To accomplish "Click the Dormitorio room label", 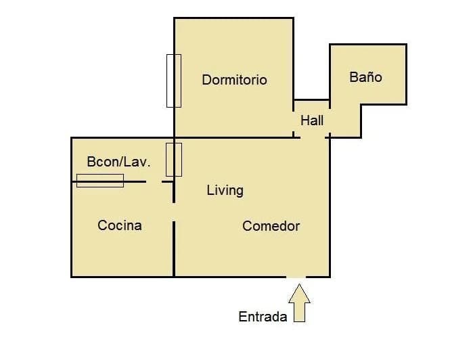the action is (234, 80).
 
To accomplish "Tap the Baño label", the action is (365, 76).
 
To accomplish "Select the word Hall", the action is (312, 120).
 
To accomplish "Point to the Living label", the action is (225, 190).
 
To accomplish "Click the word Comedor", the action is (271, 226).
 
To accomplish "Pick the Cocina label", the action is (120, 225).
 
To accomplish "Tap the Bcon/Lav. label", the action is (118, 162).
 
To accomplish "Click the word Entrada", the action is (263, 317).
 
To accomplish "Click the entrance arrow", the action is (299, 302).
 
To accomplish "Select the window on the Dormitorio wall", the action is (174, 81).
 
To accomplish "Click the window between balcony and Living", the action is (174, 160).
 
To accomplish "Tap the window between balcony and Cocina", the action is (100, 181).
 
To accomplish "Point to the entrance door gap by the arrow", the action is (296, 276).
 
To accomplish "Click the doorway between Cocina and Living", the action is (174, 212).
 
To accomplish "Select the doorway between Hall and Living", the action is (313, 137).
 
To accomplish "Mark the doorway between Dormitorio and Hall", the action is (293, 121).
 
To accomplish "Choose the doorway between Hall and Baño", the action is (330, 120).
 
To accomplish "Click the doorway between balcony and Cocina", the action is (154, 181).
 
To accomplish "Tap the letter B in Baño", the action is (354, 77).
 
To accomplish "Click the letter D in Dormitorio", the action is (206, 80).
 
